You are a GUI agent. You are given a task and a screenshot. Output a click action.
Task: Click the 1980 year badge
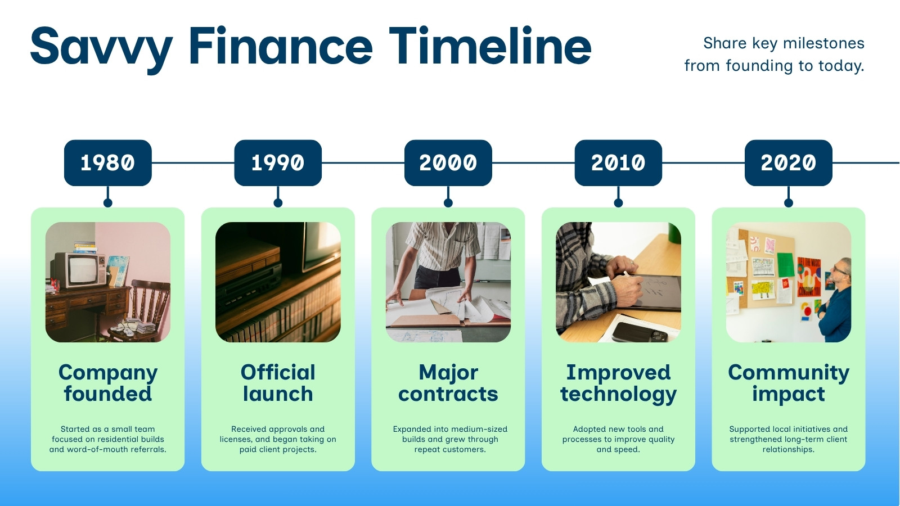point(107,162)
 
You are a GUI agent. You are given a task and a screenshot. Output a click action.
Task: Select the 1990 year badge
point(278,162)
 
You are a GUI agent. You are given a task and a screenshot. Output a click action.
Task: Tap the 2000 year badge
point(448,162)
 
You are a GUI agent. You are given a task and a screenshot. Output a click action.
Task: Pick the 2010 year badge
point(618,162)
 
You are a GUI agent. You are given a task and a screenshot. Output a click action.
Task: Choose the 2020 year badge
point(788,162)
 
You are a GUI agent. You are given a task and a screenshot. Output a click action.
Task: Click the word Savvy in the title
point(102,48)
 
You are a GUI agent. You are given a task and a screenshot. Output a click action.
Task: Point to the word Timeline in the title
point(490,45)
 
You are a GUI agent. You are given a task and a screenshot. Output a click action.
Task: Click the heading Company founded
point(107,383)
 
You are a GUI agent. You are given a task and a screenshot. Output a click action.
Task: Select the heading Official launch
point(278,383)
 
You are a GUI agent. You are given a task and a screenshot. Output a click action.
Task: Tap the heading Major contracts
point(448,383)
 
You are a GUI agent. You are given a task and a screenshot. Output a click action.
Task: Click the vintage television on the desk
point(78,270)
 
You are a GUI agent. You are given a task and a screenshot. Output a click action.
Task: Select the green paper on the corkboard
point(786,265)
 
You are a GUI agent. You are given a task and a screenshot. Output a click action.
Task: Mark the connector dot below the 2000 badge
point(448,203)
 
